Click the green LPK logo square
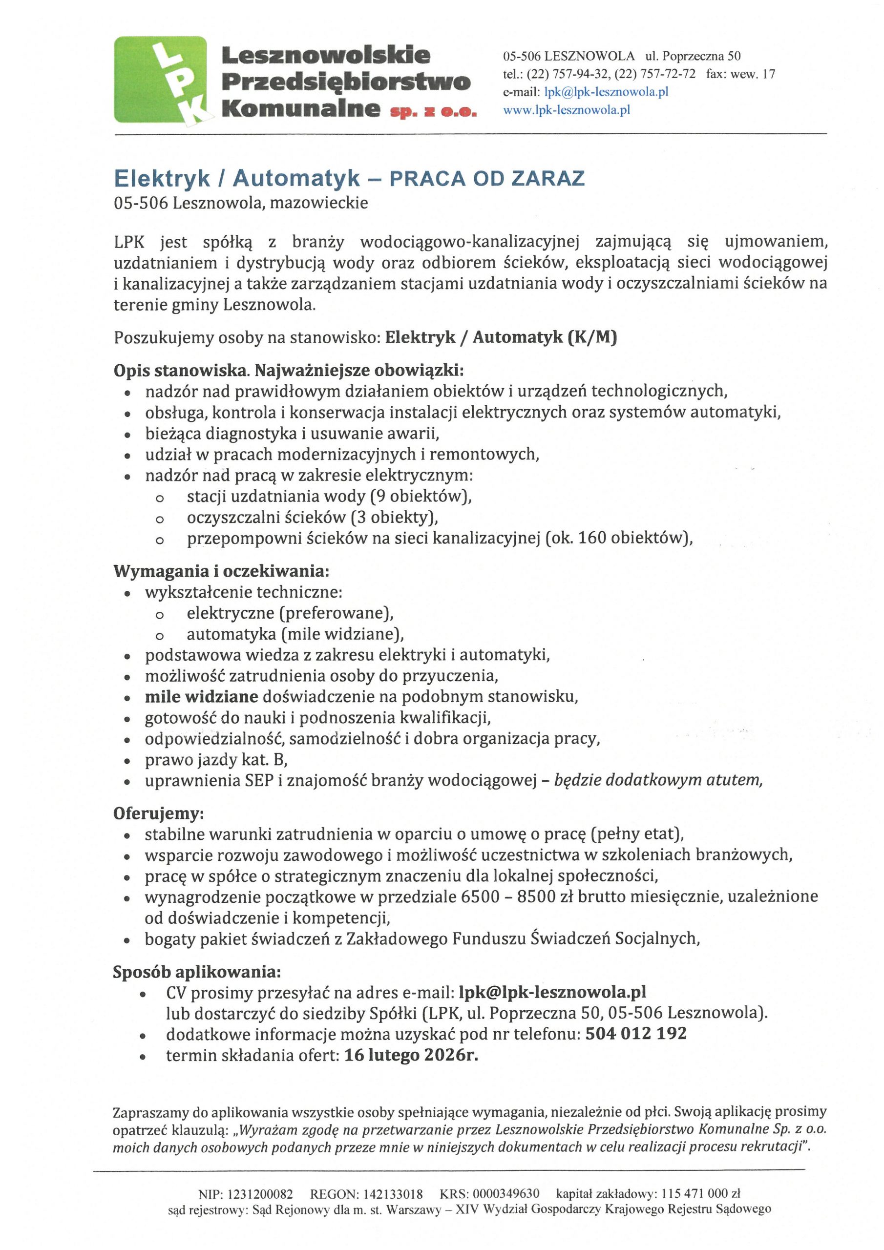coord(160,80)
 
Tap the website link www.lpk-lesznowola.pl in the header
coord(567,110)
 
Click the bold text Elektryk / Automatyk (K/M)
coord(501,337)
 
